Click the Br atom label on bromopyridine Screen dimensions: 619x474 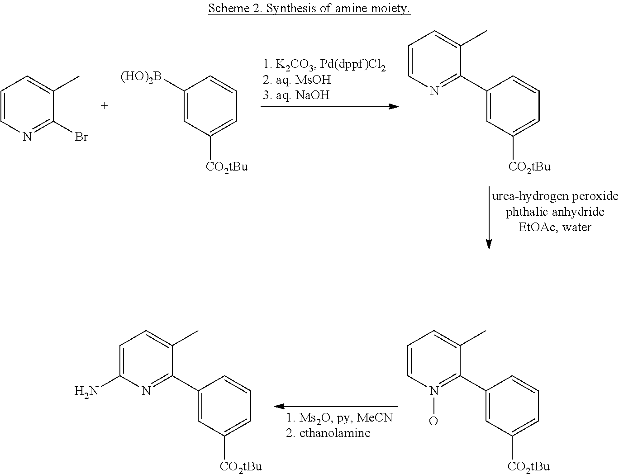(81, 137)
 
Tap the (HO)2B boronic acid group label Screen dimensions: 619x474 (141, 77)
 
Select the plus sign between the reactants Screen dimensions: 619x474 (104, 106)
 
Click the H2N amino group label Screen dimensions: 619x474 (86, 391)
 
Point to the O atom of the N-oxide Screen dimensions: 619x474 (433, 421)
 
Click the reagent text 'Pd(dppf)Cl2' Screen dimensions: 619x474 (352, 65)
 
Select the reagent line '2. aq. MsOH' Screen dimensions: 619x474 (297, 80)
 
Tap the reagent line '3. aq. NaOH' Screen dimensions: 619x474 (296, 95)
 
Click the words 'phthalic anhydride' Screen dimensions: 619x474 (555, 212)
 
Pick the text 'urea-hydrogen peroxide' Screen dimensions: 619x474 (555, 196)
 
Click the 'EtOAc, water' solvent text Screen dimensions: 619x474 (555, 228)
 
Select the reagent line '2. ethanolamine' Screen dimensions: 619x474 (328, 433)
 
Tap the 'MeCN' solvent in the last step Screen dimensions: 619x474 (375, 417)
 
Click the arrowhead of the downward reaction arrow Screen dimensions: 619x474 (489, 244)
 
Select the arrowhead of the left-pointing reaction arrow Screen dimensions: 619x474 (280, 406)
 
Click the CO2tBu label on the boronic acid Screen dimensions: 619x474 (227, 167)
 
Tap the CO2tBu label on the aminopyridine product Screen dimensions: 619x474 (241, 467)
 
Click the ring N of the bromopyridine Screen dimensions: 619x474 (27, 137)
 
